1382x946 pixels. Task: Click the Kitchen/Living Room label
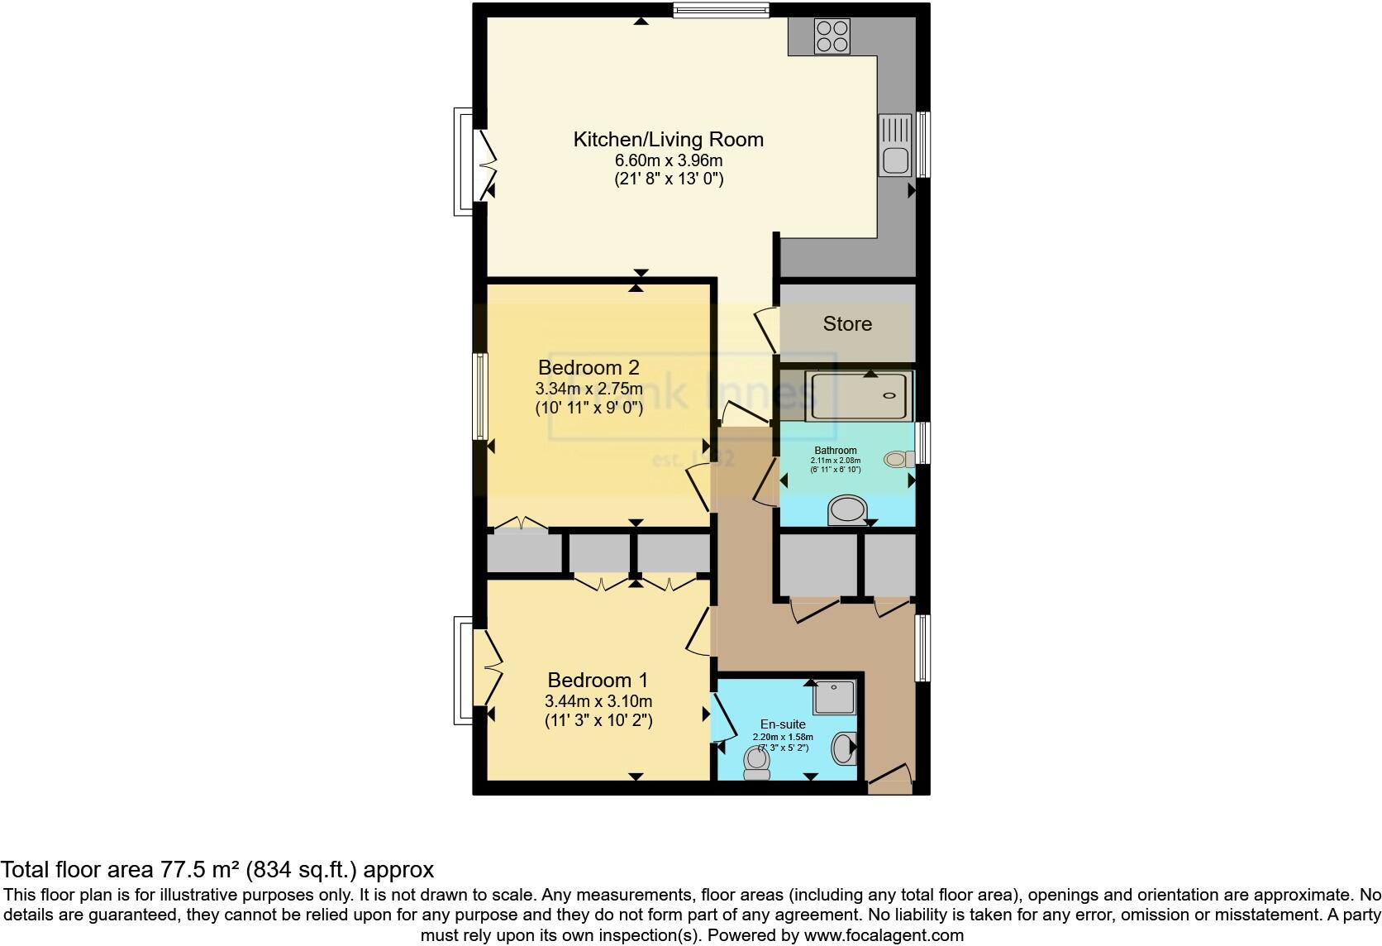coord(668,139)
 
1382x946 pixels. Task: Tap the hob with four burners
coord(832,36)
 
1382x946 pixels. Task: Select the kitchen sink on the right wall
coord(895,146)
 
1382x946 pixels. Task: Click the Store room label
coord(847,323)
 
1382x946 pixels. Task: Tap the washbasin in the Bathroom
coord(846,509)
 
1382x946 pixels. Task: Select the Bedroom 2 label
coord(589,367)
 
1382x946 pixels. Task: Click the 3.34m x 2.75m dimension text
coord(589,389)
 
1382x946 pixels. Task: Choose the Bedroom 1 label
coord(598,681)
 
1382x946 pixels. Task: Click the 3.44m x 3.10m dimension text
coord(598,702)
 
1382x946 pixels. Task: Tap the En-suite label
coord(783,724)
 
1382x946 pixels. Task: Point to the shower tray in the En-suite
coord(833,697)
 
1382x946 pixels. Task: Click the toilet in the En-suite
coord(755,762)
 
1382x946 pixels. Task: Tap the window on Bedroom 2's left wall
coord(479,397)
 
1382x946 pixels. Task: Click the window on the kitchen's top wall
coord(721,11)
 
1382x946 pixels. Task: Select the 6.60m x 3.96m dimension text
coord(668,160)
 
